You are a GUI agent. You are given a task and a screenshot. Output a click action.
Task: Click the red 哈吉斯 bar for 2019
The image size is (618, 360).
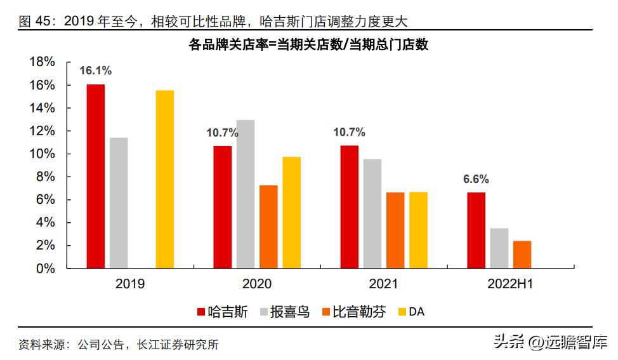[96, 176]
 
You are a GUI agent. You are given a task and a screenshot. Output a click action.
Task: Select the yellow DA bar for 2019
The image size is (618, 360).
[165, 179]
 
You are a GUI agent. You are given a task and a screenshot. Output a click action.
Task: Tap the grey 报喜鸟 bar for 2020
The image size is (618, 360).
[246, 194]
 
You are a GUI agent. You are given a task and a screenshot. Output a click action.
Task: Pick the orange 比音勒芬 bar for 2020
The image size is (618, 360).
[268, 227]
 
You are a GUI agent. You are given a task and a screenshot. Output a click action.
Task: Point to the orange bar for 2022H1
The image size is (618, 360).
[522, 254]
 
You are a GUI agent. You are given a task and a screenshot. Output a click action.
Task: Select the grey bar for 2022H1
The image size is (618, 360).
[499, 248]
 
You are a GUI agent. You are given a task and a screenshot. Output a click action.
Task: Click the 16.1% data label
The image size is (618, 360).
[95, 70]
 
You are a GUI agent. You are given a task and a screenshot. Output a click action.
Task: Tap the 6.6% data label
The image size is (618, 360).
[475, 179]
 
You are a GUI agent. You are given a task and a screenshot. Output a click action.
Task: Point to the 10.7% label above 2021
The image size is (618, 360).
[349, 132]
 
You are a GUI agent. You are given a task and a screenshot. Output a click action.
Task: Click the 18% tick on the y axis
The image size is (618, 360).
[43, 62]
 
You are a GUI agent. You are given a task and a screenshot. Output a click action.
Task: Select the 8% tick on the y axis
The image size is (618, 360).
[46, 177]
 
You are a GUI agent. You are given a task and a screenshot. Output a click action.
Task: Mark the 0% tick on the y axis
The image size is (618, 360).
[46, 269]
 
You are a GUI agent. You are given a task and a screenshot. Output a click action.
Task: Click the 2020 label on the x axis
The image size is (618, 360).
[257, 284]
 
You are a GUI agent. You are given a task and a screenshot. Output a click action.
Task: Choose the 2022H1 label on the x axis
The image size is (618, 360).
[510, 284]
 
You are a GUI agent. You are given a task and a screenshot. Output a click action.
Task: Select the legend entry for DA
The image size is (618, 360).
[410, 312]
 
